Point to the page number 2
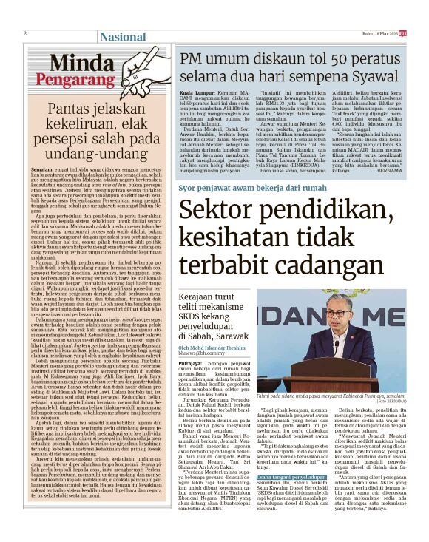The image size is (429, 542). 25,34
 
